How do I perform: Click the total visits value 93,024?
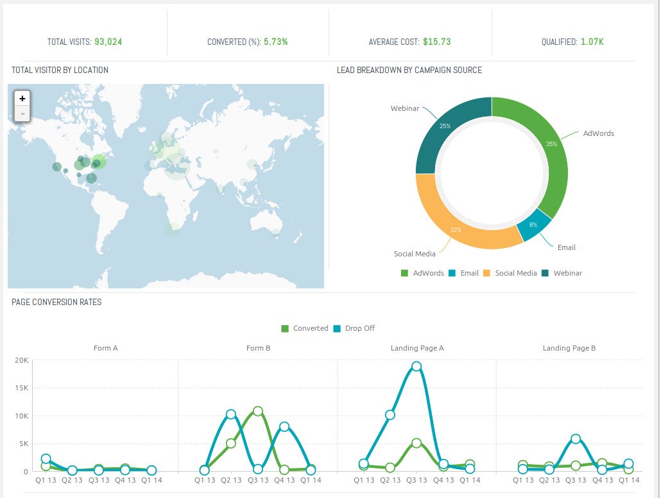tap(108, 42)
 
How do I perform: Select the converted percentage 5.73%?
tap(275, 42)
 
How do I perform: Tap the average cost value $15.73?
tap(436, 42)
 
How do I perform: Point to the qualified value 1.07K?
tap(592, 42)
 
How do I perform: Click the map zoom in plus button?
tap(22, 99)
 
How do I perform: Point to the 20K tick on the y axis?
tap(21, 360)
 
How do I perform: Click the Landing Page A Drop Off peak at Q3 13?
tap(416, 367)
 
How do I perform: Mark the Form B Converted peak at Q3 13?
tap(257, 411)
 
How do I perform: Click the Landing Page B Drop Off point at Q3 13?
tap(576, 439)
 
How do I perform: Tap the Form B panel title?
tap(257, 348)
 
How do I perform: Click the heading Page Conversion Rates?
tap(56, 302)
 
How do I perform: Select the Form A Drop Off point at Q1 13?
tap(46, 459)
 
